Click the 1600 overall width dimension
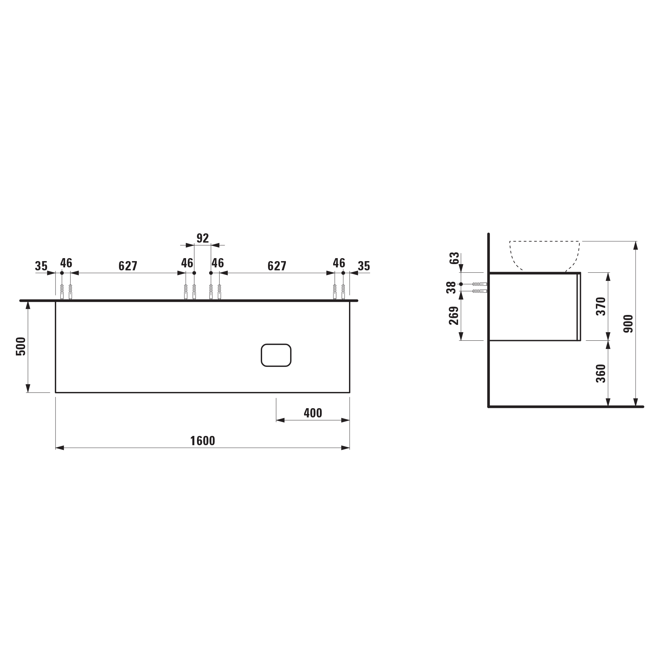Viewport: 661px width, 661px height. [x=203, y=441]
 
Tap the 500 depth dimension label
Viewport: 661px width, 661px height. [x=21, y=346]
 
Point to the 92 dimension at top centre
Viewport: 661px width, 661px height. [x=203, y=238]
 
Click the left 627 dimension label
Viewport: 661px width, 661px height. [x=128, y=266]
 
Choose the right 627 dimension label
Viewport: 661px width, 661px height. [x=277, y=266]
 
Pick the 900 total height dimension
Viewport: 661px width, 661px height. [x=629, y=324]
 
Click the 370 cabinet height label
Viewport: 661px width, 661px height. [x=601, y=307]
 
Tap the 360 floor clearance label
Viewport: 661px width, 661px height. [x=601, y=373]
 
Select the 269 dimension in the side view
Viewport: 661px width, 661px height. [x=454, y=315]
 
